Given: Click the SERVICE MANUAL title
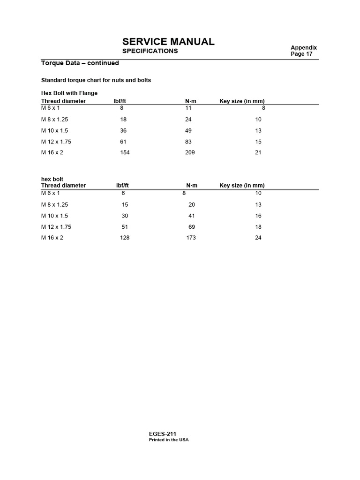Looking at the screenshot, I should pyautogui.click(x=168, y=41).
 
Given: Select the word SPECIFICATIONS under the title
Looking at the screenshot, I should pyautogui.click(x=150, y=51).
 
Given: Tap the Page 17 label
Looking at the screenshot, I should pyautogui.click(x=301, y=54).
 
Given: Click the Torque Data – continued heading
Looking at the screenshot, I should pyautogui.click(x=80, y=63).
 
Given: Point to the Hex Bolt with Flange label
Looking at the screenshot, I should pyautogui.click(x=69, y=93).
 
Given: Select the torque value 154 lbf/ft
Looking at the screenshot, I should pyautogui.click(x=125, y=152).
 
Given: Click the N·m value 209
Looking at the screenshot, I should pyautogui.click(x=190, y=152).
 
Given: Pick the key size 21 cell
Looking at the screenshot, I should pyautogui.click(x=258, y=152).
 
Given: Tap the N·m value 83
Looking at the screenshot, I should pyautogui.click(x=188, y=142).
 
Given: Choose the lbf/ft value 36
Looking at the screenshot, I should pyautogui.click(x=123, y=130).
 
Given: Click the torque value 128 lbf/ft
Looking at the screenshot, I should pyautogui.click(x=125, y=238).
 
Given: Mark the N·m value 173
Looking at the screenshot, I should pyautogui.click(x=191, y=238).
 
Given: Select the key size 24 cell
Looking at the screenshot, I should pyautogui.click(x=258, y=238).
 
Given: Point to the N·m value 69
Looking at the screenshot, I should pyautogui.click(x=191, y=227).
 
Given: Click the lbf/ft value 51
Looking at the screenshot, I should pyautogui.click(x=124, y=227).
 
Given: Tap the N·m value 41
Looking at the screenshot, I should pyautogui.click(x=191, y=216).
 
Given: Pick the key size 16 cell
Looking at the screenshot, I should pyautogui.click(x=258, y=216).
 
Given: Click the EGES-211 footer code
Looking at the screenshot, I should pyautogui.click(x=163, y=434).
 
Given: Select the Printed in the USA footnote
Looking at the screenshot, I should pyautogui.click(x=169, y=440).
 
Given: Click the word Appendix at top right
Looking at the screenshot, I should pyautogui.click(x=304, y=47).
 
